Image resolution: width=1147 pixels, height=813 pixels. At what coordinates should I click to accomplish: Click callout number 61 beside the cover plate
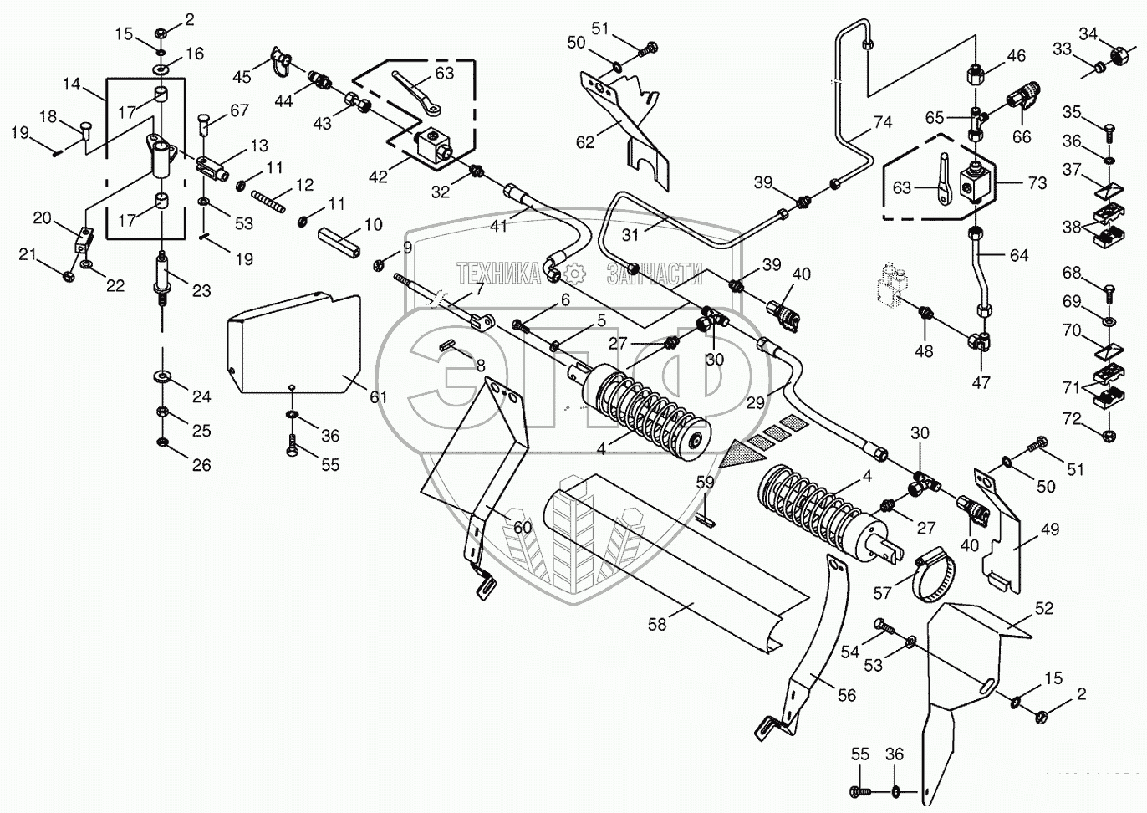tap(379, 396)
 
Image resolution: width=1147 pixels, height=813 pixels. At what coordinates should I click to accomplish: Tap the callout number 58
tap(657, 624)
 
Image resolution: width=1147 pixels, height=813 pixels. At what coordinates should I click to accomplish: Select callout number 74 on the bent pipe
tap(883, 122)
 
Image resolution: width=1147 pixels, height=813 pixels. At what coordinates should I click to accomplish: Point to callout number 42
tap(378, 176)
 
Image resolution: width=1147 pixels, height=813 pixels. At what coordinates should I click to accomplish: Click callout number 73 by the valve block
tap(1037, 182)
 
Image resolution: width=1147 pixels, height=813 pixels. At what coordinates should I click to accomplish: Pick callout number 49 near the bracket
tap(1049, 529)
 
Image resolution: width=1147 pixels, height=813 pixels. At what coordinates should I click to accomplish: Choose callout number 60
tap(523, 527)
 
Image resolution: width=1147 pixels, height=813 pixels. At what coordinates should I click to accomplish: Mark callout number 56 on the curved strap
tap(847, 695)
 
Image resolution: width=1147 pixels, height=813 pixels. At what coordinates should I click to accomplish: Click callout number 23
tap(201, 291)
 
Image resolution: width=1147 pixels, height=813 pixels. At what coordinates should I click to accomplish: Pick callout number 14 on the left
tap(71, 84)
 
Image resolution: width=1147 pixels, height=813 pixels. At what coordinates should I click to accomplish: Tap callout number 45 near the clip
tap(242, 77)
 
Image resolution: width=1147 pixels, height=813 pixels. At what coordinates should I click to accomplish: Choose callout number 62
tap(584, 142)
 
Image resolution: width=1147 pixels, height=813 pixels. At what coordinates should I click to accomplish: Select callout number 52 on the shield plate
tap(1044, 608)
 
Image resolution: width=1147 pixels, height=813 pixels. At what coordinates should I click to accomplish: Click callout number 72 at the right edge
tap(1072, 419)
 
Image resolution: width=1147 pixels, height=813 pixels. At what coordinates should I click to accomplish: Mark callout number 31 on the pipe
tap(630, 235)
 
